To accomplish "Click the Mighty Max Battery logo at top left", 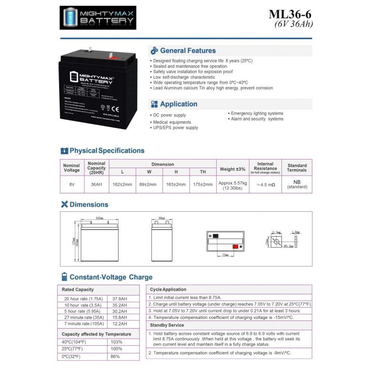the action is click(98, 18).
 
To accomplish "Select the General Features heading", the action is click(188, 50).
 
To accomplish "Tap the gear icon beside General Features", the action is click(154, 50).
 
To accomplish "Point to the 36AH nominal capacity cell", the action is click(97, 184).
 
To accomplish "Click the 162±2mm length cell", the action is click(122, 184).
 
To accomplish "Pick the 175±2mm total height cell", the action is click(203, 184).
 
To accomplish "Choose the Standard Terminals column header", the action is click(297, 168).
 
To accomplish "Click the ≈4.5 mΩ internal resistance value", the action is click(265, 184).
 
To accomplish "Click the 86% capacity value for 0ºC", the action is click(115, 356).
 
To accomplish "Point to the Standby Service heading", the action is click(167, 325).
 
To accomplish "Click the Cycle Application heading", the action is click(168, 289).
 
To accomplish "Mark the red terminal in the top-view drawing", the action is click(235, 246).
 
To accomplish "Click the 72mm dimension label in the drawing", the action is click(225, 255).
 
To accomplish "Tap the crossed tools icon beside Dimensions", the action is click(64, 204).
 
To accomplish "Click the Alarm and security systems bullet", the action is click(257, 119).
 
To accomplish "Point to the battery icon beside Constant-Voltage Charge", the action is click(64, 277).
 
